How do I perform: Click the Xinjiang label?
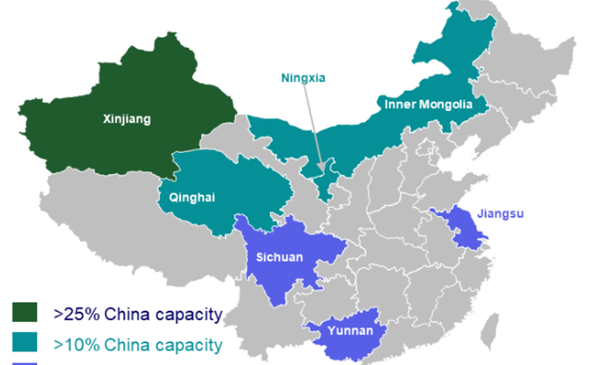pos(127,119)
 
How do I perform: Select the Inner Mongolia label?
pos(429,104)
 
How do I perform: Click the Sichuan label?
pos(280,257)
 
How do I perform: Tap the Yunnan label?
pos(350,331)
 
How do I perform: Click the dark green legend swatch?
pos(25,313)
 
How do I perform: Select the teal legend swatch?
pos(25,343)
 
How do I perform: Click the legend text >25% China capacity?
pos(138,314)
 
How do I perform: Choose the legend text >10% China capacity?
pos(138,344)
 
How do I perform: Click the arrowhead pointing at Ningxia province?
pos(322,168)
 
